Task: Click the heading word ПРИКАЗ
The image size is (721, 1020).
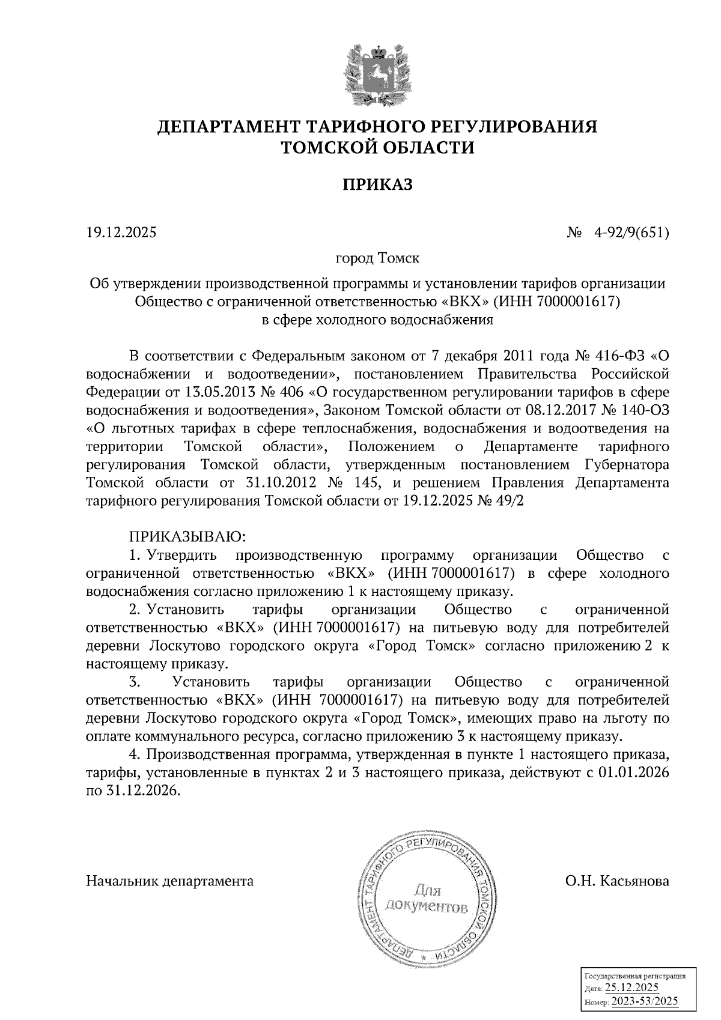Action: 378,184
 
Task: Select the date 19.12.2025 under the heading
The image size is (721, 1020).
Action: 121,232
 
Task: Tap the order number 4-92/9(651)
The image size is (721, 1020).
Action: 630,232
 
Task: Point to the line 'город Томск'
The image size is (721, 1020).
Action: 377,259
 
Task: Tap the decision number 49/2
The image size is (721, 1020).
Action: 510,502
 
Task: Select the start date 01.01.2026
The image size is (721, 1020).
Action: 633,774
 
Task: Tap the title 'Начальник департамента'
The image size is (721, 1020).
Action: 170,881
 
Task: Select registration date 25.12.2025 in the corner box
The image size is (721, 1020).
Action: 631,988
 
